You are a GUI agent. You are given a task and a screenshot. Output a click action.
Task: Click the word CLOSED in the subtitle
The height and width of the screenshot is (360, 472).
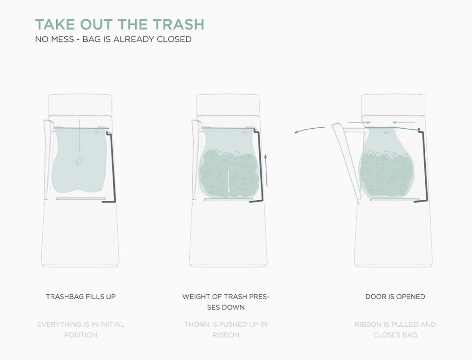click(174, 39)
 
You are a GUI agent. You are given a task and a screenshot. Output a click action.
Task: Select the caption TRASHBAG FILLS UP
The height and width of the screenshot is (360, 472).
click(81, 297)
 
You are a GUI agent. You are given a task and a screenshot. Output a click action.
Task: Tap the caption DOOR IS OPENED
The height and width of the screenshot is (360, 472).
click(395, 297)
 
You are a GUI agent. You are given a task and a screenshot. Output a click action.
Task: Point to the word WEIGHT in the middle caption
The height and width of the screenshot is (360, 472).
click(196, 297)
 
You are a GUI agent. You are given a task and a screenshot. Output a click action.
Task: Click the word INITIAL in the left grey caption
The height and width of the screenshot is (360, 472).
click(109, 324)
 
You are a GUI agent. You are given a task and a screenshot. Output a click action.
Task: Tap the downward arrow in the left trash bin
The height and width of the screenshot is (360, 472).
click(79, 135)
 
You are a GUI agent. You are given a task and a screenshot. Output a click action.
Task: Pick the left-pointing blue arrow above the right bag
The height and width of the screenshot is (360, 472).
click(403, 122)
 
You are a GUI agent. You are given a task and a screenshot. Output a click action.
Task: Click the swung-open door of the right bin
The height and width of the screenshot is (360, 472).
click(346, 162)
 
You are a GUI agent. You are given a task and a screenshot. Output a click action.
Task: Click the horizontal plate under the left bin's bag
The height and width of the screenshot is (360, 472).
click(81, 198)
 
